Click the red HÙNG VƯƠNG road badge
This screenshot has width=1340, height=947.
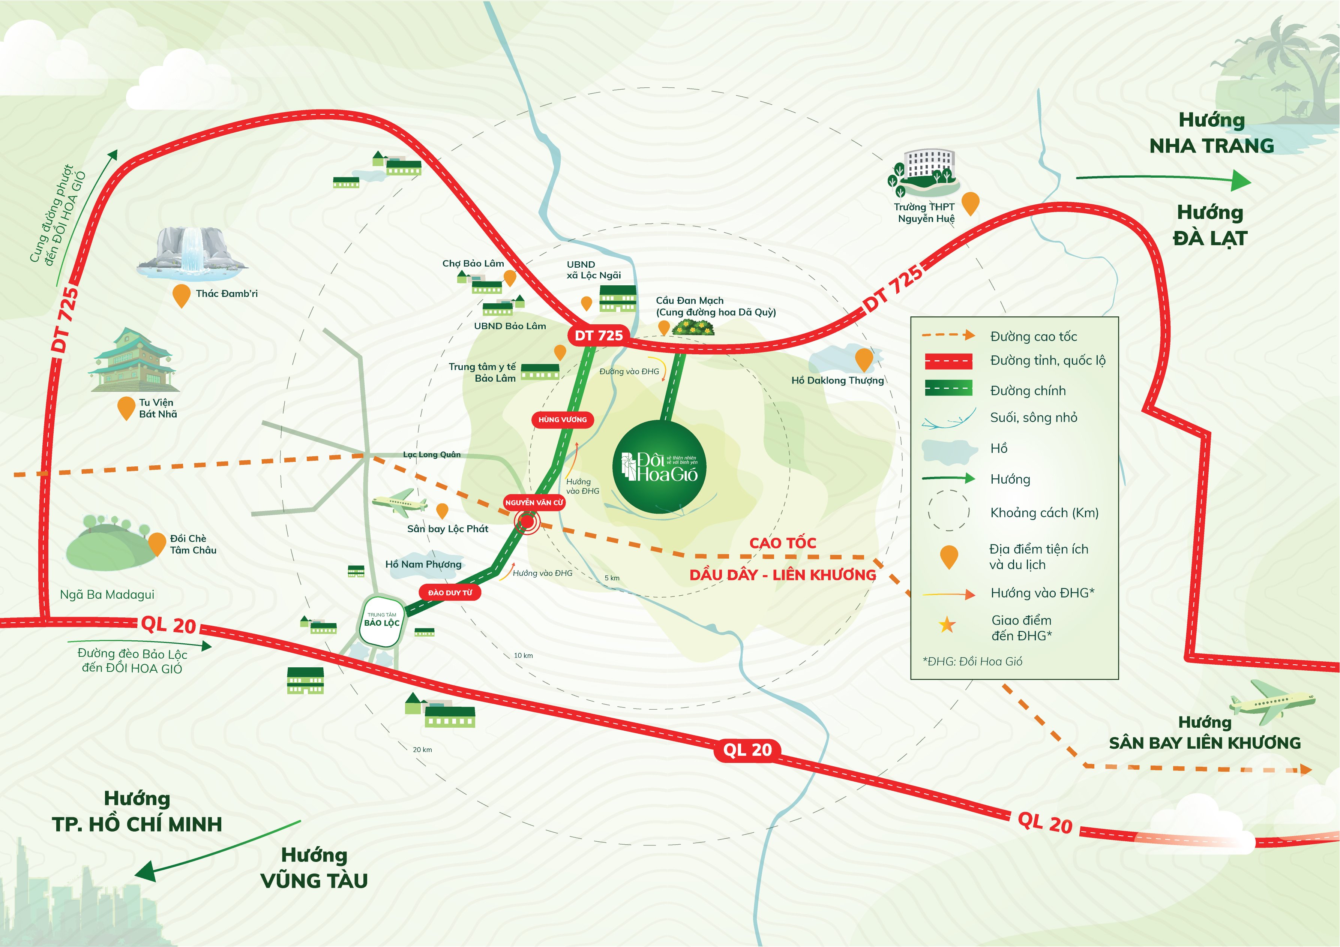562,420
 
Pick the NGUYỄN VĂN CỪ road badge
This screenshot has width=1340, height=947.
534,502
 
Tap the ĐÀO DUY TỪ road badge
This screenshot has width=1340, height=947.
450,593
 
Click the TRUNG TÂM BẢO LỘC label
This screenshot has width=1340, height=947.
382,620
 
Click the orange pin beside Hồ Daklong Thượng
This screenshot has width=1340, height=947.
863,359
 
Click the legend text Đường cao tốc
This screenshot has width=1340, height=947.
1033,337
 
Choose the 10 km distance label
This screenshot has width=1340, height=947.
523,655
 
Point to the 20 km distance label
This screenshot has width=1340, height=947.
422,749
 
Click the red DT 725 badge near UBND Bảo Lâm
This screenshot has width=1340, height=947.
598,336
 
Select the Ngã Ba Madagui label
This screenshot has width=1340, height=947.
107,595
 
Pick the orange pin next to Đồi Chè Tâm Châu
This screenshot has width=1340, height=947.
157,543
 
